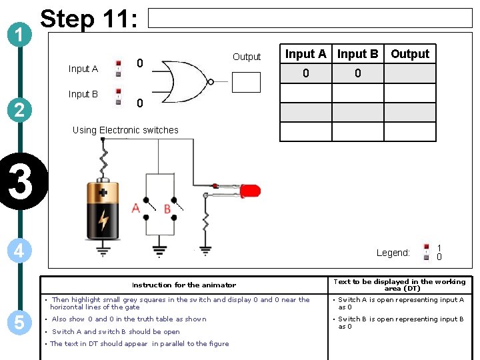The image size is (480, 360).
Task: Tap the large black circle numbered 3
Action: pyautogui.click(x=21, y=183)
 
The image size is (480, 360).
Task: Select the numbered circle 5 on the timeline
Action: pyautogui.click(x=21, y=323)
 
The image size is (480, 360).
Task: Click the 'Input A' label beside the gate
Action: pyautogui.click(x=83, y=69)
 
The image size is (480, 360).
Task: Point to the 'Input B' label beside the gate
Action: pyautogui.click(x=83, y=94)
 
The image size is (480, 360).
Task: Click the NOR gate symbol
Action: pyautogui.click(x=187, y=81)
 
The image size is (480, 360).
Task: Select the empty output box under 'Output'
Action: pyautogui.click(x=246, y=81)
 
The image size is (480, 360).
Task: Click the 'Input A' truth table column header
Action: pyautogui.click(x=305, y=54)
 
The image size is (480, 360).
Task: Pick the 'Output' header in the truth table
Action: pyautogui.click(x=410, y=54)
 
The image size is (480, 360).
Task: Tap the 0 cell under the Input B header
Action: pyautogui.click(x=357, y=73)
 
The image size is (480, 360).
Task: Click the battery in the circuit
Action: pyautogui.click(x=103, y=211)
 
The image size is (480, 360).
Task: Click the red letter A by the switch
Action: pyautogui.click(x=136, y=209)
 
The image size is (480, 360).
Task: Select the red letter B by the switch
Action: pyautogui.click(x=167, y=209)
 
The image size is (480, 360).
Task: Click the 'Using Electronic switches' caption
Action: pyautogui.click(x=125, y=130)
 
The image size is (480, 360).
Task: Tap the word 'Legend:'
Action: pyautogui.click(x=393, y=253)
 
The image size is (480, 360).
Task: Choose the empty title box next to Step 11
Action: pyautogui.click(x=309, y=18)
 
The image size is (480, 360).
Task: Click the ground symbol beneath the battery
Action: pyautogui.click(x=103, y=251)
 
